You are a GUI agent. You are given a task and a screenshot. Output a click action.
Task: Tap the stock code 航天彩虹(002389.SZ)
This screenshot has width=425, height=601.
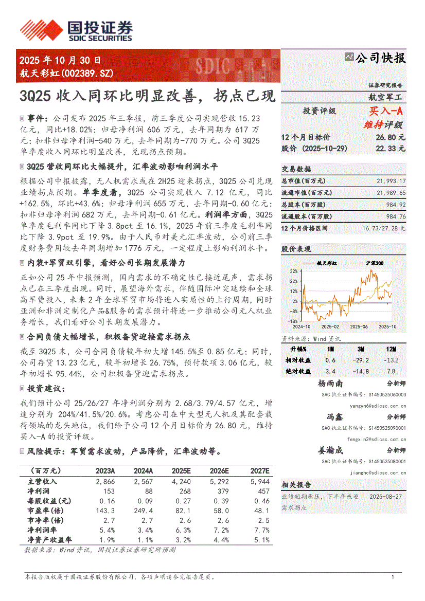coord(66,74)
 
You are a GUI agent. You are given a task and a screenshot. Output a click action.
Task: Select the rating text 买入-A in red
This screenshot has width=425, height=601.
coord(386,111)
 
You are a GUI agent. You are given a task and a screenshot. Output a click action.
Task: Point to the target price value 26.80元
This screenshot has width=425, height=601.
coord(391,138)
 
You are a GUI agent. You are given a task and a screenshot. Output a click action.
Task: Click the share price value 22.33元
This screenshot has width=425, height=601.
coord(391,149)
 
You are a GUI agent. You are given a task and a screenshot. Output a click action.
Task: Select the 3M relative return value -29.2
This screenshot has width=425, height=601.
coord(360,360)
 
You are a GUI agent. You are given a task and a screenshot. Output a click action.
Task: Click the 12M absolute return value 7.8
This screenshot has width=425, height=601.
coord(391,371)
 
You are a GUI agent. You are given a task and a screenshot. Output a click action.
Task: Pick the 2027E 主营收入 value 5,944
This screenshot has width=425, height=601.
coord(260,482)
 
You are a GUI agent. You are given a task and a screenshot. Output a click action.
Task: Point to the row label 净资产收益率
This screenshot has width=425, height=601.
coord(49,540)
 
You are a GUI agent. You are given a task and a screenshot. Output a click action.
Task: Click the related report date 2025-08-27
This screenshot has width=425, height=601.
coord(386,497)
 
